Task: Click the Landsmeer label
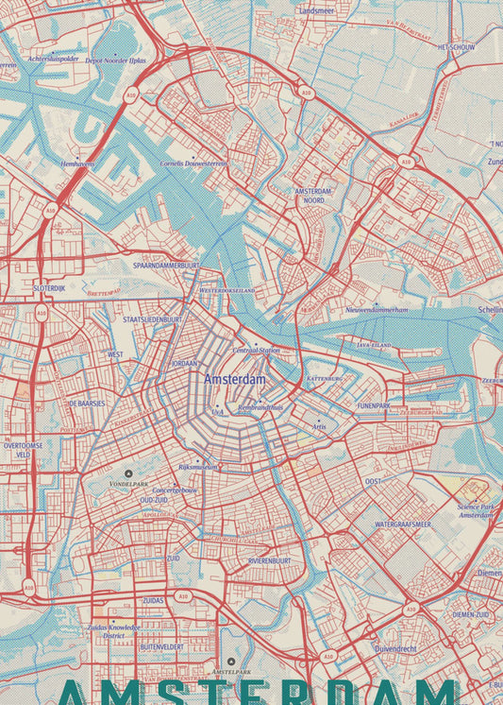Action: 316,10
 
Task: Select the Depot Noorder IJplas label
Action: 115,60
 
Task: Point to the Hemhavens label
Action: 77,163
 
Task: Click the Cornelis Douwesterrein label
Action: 193,163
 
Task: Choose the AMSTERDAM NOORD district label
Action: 310,196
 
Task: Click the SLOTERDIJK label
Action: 48,287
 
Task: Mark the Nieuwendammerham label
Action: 377,309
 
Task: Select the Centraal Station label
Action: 256,350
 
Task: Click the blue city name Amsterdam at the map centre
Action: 235,379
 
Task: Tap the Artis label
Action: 319,426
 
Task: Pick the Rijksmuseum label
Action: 198,467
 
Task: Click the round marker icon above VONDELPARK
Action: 129,473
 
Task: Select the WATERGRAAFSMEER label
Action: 403,524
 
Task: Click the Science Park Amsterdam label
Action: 476,511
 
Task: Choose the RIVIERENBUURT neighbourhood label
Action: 269,560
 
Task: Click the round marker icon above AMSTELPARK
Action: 230,662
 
